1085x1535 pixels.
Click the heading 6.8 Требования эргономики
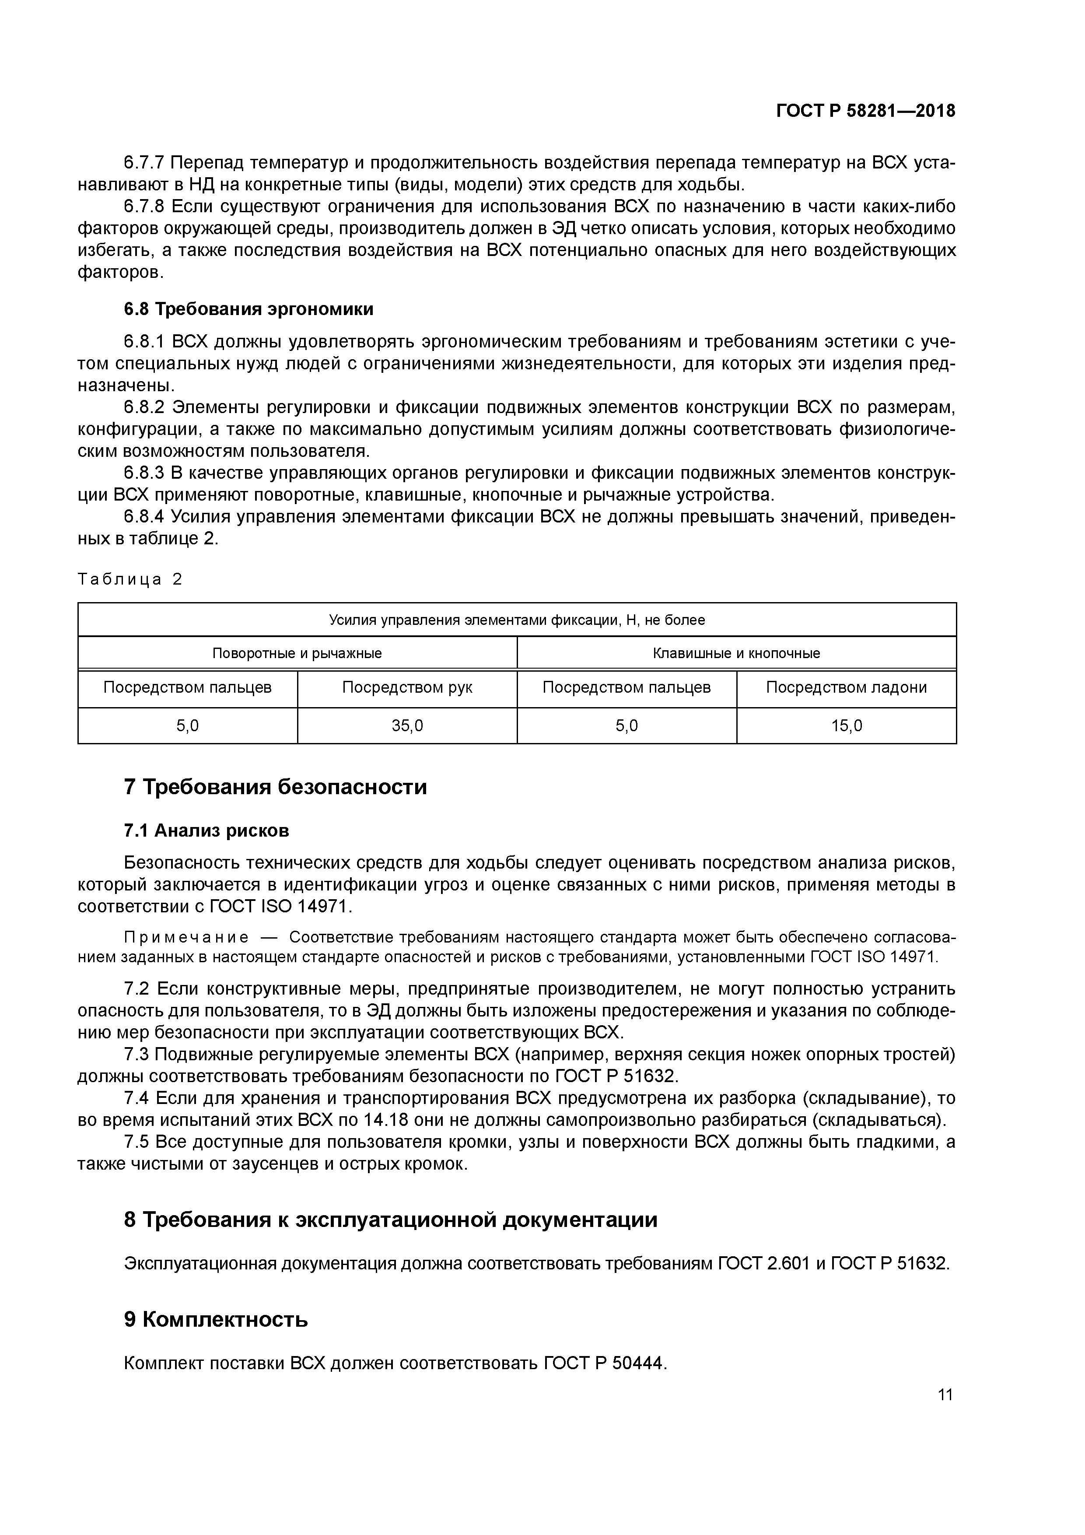coord(248,309)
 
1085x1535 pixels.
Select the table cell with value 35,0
coord(407,725)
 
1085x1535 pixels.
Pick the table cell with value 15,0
coord(846,725)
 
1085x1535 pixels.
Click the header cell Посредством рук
coord(407,687)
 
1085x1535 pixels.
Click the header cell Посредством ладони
coord(846,687)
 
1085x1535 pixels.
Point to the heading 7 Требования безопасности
coord(276,787)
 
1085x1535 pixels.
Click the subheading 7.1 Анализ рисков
coord(206,831)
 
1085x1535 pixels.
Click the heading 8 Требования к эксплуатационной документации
coord(390,1220)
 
